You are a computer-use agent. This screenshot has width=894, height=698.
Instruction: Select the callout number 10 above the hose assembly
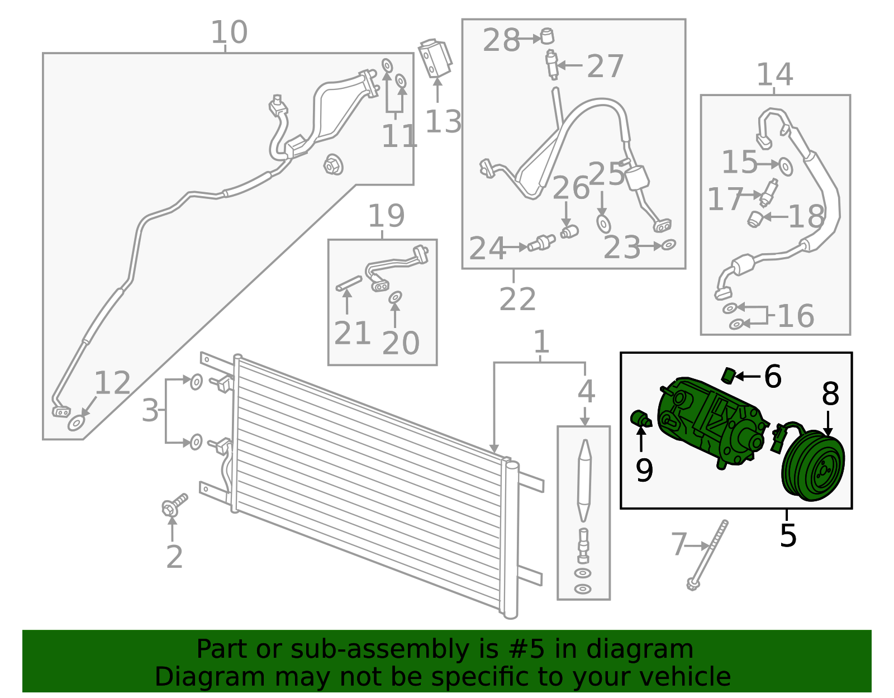point(229,32)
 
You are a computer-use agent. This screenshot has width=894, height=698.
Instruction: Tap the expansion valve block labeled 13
point(435,59)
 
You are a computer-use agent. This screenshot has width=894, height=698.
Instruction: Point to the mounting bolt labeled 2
point(174,505)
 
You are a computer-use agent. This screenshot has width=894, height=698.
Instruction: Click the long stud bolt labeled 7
point(707,555)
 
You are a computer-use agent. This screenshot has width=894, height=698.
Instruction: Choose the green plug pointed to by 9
point(641,419)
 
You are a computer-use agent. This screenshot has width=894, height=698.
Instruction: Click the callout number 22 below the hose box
point(517,298)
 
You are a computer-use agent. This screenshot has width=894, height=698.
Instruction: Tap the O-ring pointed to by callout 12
point(77,423)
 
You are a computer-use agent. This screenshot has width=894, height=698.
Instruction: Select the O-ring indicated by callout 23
point(669,245)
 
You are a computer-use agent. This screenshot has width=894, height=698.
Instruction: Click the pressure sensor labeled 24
point(541,242)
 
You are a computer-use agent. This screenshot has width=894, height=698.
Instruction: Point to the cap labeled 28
point(547,36)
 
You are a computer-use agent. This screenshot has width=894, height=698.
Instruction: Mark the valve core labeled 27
point(551,64)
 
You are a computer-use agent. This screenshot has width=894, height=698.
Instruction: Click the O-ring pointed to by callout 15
point(786,167)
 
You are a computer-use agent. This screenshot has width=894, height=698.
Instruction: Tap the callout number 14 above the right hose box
point(775,74)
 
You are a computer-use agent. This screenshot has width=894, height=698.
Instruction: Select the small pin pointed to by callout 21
point(349,284)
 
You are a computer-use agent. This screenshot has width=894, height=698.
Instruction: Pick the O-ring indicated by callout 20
point(396,297)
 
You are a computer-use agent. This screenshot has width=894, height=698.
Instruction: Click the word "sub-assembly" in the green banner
point(380,649)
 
